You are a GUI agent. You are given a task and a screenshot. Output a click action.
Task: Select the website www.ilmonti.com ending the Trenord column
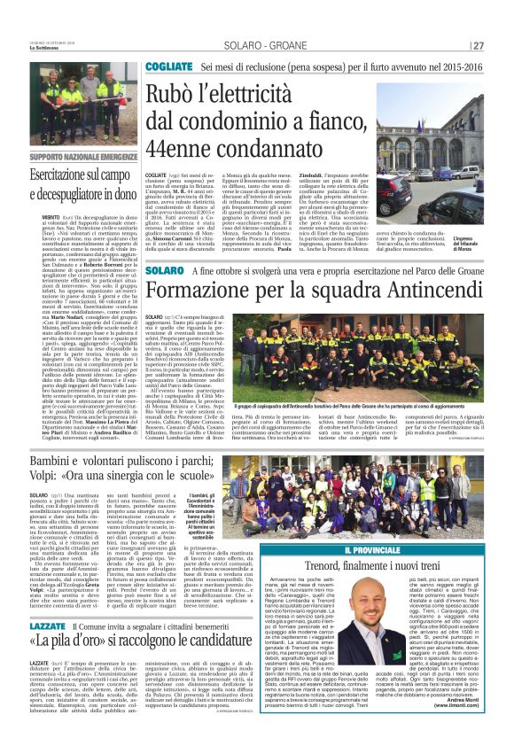pos(456,729)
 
